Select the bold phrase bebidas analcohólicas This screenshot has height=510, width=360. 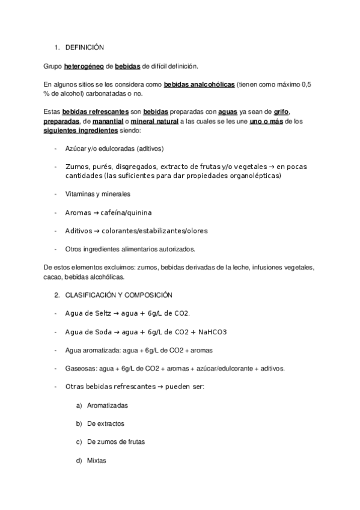pyautogui.click(x=199, y=85)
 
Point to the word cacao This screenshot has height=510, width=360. pyautogui.click(x=54, y=277)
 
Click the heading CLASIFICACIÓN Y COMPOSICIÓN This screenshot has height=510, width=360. pyautogui.click(x=119, y=295)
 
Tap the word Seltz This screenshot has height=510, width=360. pyautogui.click(x=105, y=313)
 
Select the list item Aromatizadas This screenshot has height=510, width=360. pyautogui.click(x=107, y=405)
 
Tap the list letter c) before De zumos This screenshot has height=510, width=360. pyautogui.click(x=79, y=442)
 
